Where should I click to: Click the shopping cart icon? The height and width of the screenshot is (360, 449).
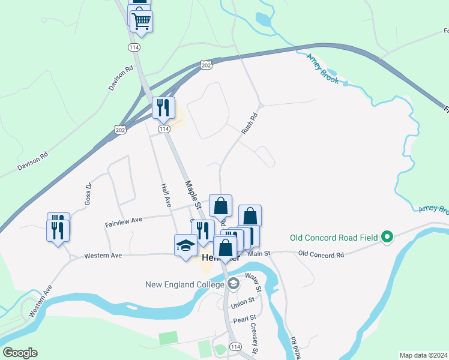point(142,21)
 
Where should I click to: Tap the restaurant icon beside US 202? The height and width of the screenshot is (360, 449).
point(163,109)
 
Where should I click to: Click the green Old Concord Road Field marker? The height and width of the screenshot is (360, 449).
point(387,238)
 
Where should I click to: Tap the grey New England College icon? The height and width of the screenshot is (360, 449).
point(233,284)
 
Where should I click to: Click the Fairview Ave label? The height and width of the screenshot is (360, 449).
point(124,221)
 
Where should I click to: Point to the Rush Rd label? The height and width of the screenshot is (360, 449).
point(249,123)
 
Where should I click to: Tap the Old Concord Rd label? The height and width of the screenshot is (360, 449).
point(321,254)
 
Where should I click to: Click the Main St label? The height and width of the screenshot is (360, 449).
point(260,254)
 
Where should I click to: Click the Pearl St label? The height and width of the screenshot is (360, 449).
point(245,318)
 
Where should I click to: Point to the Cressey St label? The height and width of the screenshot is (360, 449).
point(255,338)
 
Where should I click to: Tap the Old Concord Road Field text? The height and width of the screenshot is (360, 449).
point(334,238)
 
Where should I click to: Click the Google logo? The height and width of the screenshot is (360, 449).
point(19,353)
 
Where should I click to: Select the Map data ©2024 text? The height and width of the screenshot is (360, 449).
point(423,355)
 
